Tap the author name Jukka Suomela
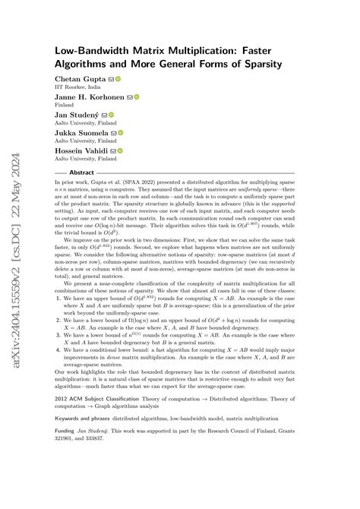click(x=81, y=132)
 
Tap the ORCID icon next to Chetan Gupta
click(x=118, y=79)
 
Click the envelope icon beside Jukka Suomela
click(x=113, y=132)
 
